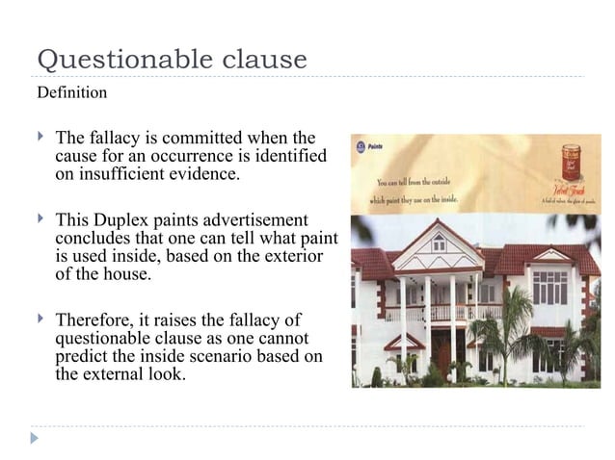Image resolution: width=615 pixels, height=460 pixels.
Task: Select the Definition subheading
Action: coord(71,93)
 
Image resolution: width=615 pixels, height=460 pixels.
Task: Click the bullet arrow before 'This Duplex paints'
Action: coord(40,219)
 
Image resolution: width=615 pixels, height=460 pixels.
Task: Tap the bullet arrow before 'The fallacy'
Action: coord(40,138)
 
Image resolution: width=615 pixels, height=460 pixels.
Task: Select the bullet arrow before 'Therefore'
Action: coord(40,319)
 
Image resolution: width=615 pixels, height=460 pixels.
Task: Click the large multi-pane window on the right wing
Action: coord(550,286)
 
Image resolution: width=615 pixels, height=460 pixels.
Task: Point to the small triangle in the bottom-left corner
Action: coord(36,439)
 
